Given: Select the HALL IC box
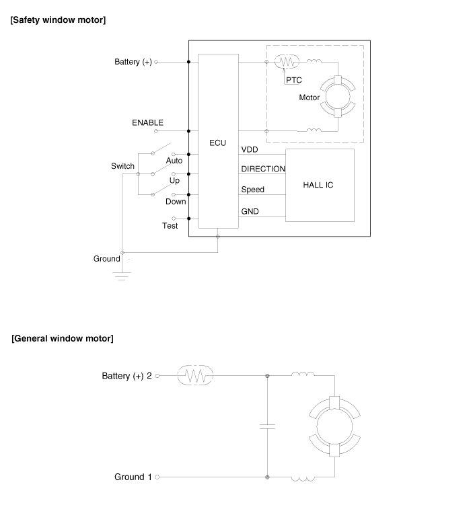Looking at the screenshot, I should tap(320, 185).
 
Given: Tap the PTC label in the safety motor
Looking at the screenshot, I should tap(293, 79).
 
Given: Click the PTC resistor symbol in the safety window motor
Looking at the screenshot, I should tap(287, 62).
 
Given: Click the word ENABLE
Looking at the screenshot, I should tap(147, 123).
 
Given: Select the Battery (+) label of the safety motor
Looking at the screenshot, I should tap(133, 63).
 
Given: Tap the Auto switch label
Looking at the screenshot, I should tap(174, 161).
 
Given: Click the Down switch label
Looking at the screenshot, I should tap(176, 202).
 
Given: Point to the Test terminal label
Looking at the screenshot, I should tap(170, 226).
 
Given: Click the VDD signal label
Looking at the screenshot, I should tap(250, 149).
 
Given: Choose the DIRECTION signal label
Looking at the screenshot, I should tap(263, 169).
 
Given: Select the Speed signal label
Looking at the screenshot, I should tap(253, 190).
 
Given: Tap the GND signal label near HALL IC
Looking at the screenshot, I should tap(250, 212).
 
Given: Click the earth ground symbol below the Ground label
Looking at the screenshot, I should tap(121, 276).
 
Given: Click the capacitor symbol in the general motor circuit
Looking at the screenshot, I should tap(268, 426).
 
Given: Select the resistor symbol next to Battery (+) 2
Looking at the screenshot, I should tap(194, 376).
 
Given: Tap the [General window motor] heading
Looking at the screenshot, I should tap(63, 338).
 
